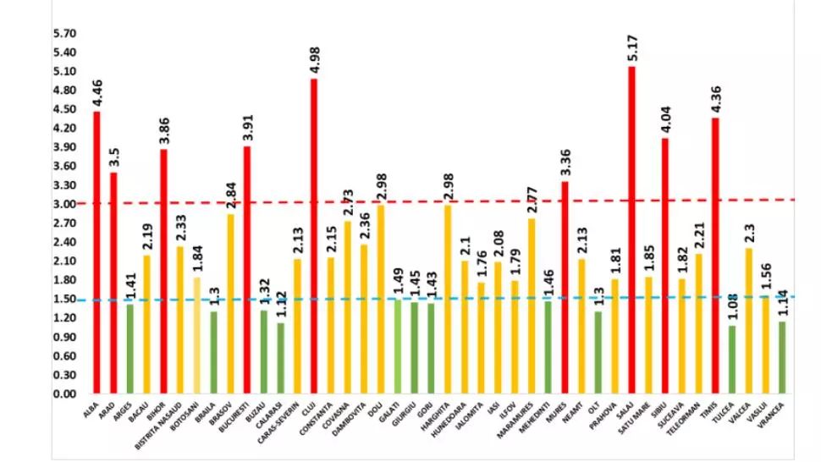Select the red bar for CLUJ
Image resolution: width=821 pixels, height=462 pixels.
[314, 236]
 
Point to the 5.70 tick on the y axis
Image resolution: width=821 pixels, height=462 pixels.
[65, 34]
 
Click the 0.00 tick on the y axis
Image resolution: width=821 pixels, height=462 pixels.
[65, 394]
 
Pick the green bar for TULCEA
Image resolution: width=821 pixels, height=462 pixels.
[731, 360]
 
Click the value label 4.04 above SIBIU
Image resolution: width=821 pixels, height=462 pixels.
[665, 118]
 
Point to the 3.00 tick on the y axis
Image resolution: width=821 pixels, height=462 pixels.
[65, 204]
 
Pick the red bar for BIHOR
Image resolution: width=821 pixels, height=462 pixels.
[163, 271]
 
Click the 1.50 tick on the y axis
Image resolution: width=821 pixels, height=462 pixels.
[65, 299]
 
